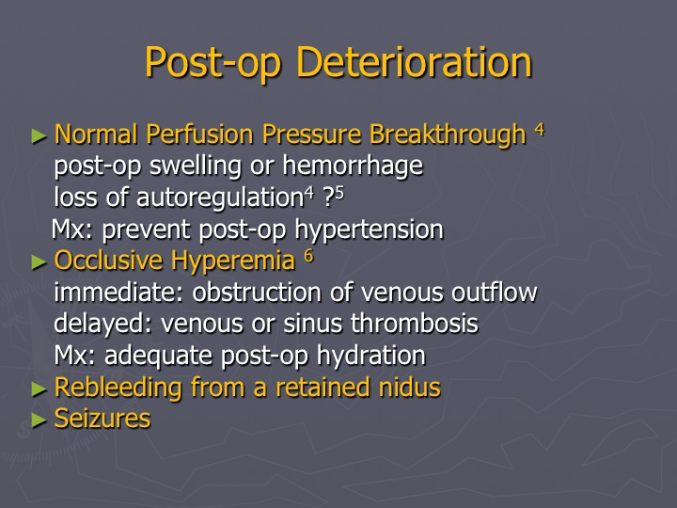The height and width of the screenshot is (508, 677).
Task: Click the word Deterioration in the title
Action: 415,62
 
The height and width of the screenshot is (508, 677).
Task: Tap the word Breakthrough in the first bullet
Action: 448,134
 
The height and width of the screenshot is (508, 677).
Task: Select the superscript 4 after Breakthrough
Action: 540,129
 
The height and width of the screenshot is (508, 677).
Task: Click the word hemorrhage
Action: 353,166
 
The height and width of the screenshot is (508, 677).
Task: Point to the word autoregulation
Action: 220,198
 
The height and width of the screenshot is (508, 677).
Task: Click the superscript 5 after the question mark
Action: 339,193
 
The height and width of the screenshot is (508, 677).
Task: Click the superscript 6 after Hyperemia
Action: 308,256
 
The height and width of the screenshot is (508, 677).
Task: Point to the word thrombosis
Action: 415,324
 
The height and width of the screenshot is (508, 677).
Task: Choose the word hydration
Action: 371,356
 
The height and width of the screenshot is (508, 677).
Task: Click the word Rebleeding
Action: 118,387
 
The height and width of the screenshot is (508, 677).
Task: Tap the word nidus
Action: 410,387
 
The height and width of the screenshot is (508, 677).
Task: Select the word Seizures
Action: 102,419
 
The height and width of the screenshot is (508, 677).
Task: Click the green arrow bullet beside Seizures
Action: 39,420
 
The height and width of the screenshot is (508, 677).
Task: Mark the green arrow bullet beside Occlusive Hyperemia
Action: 39,262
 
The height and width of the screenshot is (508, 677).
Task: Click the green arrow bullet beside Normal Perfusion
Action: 39,136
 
